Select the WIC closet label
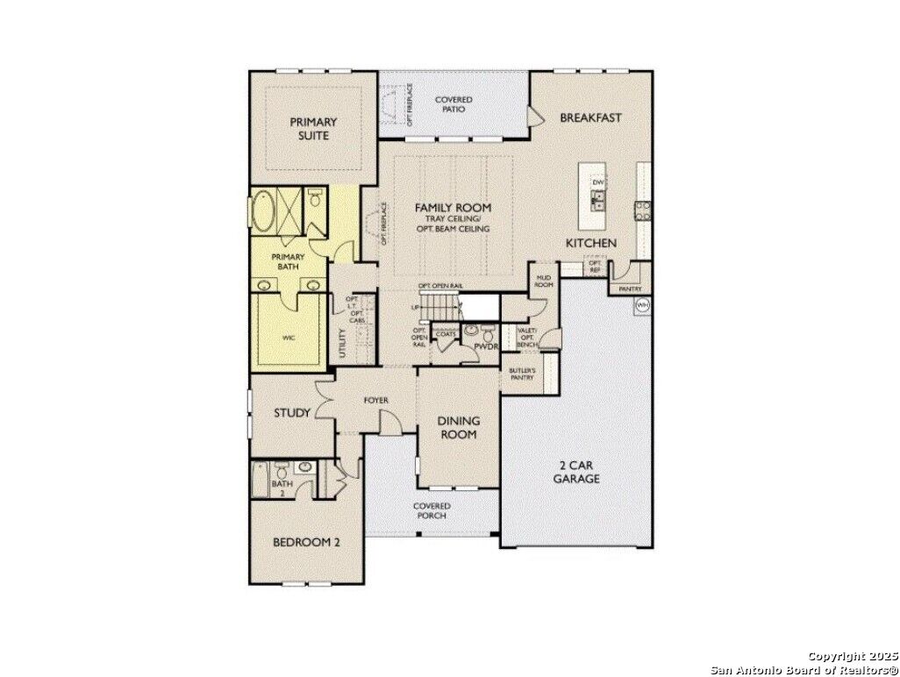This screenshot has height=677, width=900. tap(288, 337)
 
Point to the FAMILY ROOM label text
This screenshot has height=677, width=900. tap(453, 208)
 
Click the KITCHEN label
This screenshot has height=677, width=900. tap(590, 243)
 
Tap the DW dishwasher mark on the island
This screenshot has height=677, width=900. tap(598, 182)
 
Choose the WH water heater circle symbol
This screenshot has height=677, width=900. tap(641, 304)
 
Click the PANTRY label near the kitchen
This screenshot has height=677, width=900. tap(630, 289)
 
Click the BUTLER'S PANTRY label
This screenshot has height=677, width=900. tap(522, 374)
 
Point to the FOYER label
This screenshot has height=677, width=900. tap(376, 401)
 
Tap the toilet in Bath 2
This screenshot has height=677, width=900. tap(282, 468)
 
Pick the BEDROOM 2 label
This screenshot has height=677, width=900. tap(306, 542)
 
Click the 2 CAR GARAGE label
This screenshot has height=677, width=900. tap(576, 472)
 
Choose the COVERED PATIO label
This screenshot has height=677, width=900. tap(454, 105)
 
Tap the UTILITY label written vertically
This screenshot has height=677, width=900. tap(343, 344)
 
